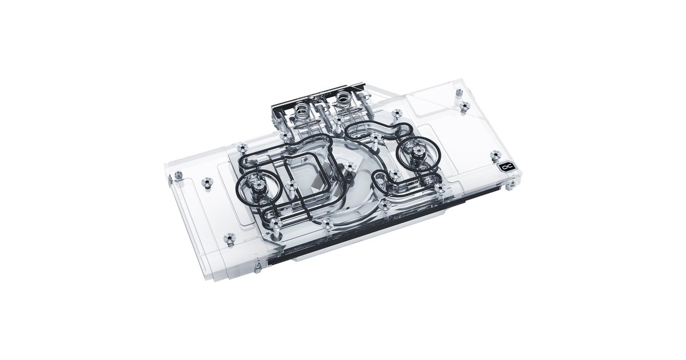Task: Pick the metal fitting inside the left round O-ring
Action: pos(255,185)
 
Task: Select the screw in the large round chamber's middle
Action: pos(348,167)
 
